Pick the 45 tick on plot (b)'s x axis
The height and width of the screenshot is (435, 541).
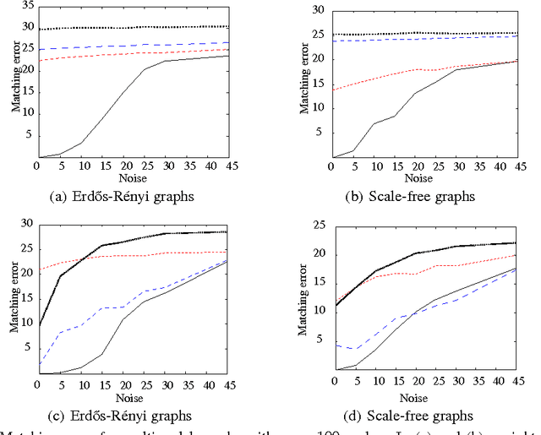coord(517,166)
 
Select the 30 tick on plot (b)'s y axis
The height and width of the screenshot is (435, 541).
coord(318,10)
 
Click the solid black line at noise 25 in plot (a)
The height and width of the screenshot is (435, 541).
coord(145,70)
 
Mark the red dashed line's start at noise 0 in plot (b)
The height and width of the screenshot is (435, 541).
coord(332,90)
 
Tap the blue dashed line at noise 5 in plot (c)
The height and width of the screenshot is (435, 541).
coord(58,333)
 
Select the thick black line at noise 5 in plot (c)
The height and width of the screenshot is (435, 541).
coord(58,276)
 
